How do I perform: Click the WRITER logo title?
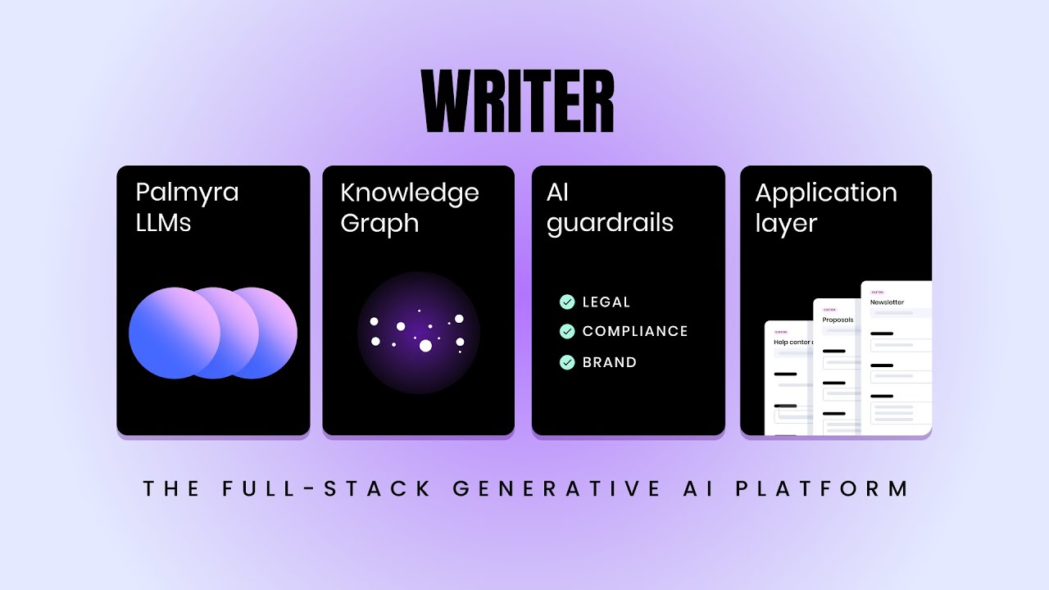click(518, 102)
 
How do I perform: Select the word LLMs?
click(163, 223)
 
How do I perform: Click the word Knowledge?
click(409, 193)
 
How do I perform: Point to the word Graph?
click(379, 223)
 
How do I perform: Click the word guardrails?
click(610, 224)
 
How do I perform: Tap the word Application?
click(825, 193)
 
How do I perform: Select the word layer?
click(786, 224)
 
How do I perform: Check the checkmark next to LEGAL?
click(566, 302)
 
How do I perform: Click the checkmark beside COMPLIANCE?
click(566, 331)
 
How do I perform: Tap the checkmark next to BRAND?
click(566, 361)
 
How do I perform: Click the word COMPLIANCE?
click(635, 331)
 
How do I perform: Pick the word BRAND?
click(609, 362)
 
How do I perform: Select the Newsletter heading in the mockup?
click(887, 302)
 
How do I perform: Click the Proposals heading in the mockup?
click(838, 320)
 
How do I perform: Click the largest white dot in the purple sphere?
click(425, 346)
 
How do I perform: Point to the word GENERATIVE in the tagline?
click(556, 489)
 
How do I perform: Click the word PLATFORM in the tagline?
click(822, 489)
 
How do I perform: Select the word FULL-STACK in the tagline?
click(327, 489)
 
